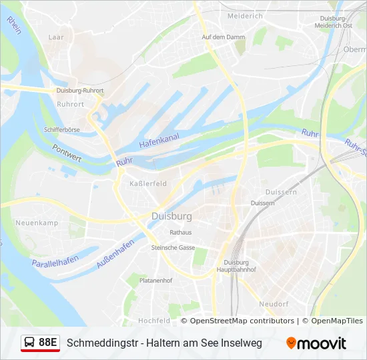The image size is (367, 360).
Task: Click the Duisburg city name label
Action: click(x=171, y=217)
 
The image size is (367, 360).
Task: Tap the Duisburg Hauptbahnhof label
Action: click(x=236, y=266)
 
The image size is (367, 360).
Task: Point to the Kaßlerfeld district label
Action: click(x=148, y=183)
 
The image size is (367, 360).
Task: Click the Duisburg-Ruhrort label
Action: click(x=80, y=91)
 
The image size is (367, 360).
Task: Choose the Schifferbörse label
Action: click(x=61, y=129)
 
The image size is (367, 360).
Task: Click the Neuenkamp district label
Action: click(x=38, y=223)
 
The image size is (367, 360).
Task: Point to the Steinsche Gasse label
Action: click(x=173, y=247)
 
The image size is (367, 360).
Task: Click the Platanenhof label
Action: click(x=155, y=281)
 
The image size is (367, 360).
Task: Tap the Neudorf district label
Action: click(x=274, y=304)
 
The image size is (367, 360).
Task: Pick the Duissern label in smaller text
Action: click(x=262, y=203)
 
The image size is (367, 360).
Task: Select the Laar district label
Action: click(x=56, y=37)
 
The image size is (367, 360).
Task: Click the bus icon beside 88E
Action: click(x=30, y=343)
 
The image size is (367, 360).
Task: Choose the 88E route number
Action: click(x=48, y=343)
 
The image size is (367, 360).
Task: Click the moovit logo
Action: click(x=316, y=343)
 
